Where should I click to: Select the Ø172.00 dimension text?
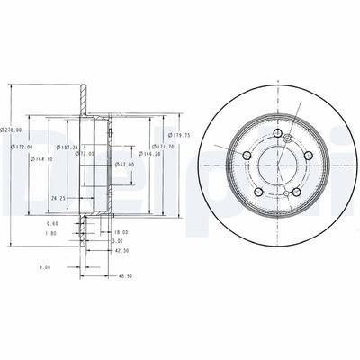[x=22, y=147]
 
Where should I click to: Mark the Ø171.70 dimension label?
[x=163, y=145]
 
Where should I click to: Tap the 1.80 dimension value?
[x=52, y=233]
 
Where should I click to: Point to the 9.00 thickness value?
[x=44, y=266]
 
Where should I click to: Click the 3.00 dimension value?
[x=118, y=242]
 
